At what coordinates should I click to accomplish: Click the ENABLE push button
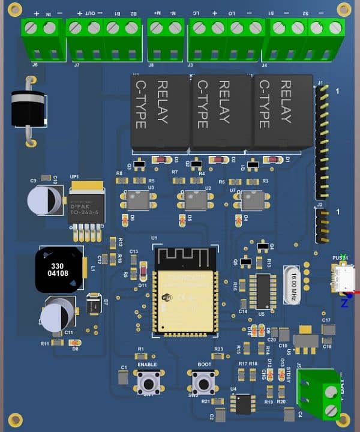point(148,381)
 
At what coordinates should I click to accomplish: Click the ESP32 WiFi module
point(184,292)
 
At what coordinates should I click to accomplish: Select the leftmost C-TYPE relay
point(160,112)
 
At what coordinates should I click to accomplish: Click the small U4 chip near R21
point(242,403)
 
